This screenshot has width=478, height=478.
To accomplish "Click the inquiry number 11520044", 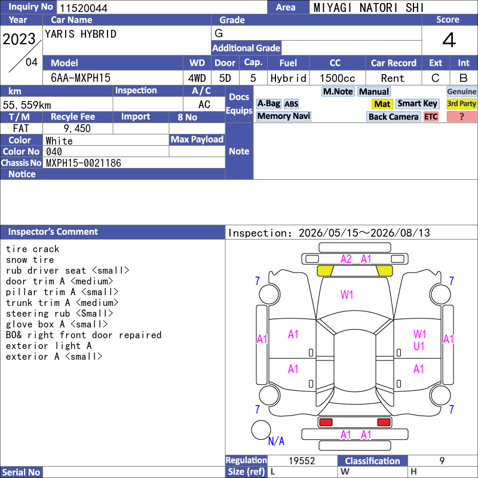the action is coord(84,8).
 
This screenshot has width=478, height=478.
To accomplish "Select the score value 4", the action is coord(449,40).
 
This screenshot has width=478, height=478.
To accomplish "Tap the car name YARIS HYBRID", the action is coord(81,34).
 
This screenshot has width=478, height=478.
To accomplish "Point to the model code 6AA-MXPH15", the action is coord(81,78).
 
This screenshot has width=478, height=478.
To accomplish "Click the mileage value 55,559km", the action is coord(27,105).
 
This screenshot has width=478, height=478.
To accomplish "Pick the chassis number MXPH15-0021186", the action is coord(84,163).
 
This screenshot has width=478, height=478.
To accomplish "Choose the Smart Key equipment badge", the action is coord(417,104).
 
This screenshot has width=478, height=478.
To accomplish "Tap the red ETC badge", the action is coord(431,117).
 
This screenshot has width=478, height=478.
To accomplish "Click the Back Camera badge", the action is coord(393,117).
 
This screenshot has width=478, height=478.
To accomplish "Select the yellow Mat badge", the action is coord(382,104).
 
